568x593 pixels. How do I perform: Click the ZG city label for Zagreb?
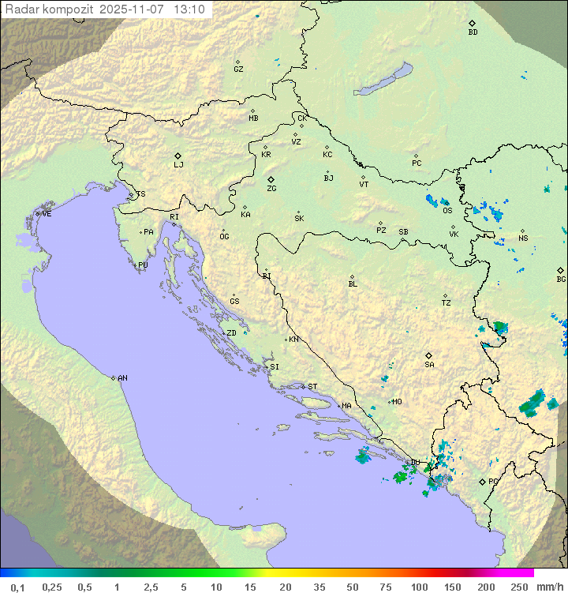click(x=271, y=190)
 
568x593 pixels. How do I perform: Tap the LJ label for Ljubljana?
click(x=178, y=165)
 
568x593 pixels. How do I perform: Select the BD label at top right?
click(x=473, y=32)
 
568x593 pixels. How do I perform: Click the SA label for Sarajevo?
click(x=429, y=365)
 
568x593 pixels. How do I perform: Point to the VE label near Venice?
click(x=47, y=214)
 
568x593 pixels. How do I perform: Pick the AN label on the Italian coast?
click(x=122, y=378)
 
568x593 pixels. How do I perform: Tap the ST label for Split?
click(x=312, y=387)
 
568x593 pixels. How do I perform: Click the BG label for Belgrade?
click(x=561, y=280)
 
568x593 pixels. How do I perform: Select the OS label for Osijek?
click(x=447, y=211)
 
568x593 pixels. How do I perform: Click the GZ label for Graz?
click(x=238, y=69)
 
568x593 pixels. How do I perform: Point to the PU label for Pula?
click(x=143, y=265)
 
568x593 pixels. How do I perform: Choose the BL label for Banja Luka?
click(x=353, y=284)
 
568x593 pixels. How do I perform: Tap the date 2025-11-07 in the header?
click(x=133, y=9)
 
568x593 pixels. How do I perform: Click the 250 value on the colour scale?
click(x=518, y=587)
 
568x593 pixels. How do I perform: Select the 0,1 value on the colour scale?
click(x=17, y=587)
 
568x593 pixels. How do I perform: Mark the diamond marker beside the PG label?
click(x=482, y=481)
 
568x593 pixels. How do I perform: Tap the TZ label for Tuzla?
click(x=447, y=303)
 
